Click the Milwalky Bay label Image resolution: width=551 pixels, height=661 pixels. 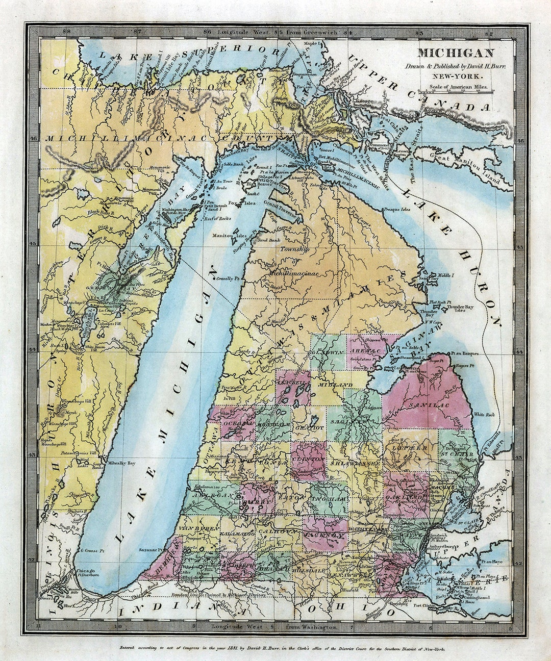point(120,463)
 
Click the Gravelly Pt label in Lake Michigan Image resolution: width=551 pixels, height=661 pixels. point(228,279)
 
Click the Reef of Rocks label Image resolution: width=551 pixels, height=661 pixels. point(218,218)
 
